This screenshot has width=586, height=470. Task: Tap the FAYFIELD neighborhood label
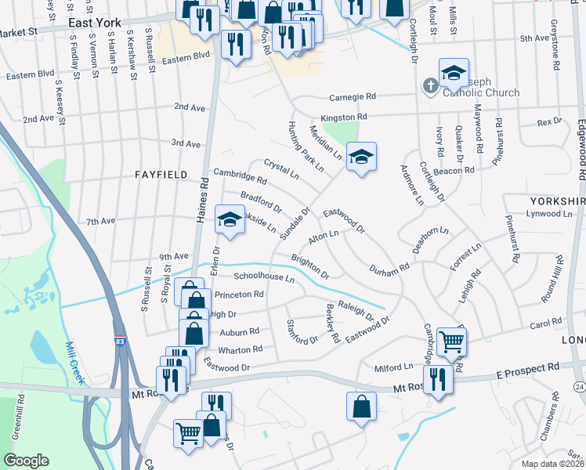[x=162, y=175]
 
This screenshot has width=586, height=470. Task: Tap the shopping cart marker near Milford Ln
[x=450, y=340]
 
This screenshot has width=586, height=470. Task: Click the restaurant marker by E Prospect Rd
[x=437, y=379]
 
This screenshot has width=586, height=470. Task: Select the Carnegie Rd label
[x=353, y=96]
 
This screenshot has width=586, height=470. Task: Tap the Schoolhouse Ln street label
[x=264, y=277]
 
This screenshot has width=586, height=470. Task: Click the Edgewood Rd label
[x=581, y=149]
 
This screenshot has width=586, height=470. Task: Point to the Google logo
[x=26, y=461]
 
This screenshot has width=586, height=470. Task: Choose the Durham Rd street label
[x=389, y=267]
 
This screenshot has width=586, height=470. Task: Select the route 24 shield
[x=578, y=386]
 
